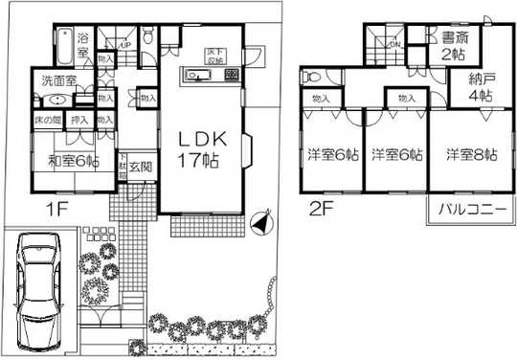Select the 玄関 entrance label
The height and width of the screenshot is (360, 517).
(x=140, y=165)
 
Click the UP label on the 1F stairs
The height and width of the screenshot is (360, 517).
(x=125, y=44)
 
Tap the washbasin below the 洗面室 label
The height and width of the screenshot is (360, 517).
(x=56, y=100)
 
